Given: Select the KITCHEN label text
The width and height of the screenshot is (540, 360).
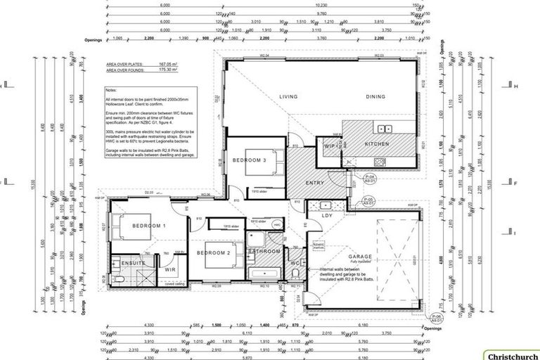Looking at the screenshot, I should click(377, 143).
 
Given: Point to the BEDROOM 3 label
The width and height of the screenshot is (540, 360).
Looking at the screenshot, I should click(250, 161).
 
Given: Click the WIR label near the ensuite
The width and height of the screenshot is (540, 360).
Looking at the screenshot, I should click(170, 269).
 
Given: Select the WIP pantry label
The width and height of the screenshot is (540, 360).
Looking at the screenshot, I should click(329, 146).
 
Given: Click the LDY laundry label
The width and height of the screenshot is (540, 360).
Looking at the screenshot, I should click(327, 216).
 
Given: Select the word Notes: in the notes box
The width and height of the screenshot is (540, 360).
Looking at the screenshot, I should click(111, 91).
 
